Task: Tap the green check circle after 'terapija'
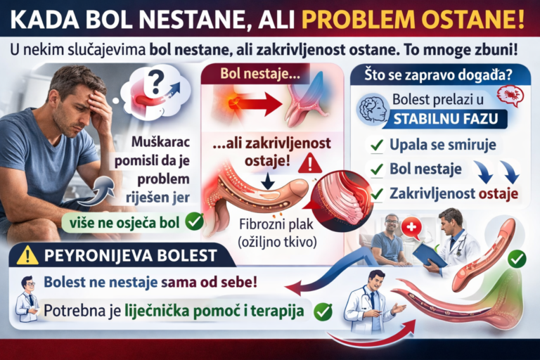[323, 310]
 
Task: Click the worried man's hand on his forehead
[98, 105]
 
